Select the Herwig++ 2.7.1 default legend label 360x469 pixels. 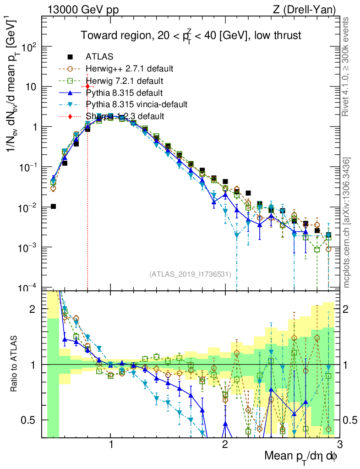[x=129, y=69]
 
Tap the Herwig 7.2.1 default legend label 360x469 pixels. [x=125, y=81]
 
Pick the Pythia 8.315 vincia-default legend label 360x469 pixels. [x=136, y=104]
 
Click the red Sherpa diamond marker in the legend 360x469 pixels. [x=70, y=116]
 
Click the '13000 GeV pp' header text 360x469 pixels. [x=79, y=9]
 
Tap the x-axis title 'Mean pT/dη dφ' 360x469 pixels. [x=301, y=457]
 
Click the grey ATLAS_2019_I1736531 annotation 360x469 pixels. [x=190, y=274]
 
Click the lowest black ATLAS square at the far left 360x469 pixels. [x=54, y=207]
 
